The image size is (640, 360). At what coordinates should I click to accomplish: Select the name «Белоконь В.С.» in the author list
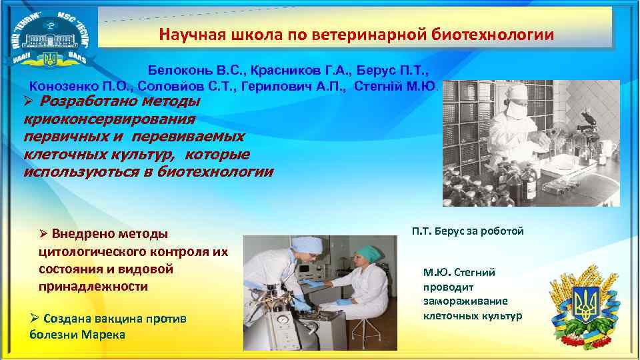click(187, 70)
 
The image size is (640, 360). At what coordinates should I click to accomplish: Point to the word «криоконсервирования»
click(109, 119)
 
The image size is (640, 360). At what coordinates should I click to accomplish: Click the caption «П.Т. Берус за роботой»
click(467, 231)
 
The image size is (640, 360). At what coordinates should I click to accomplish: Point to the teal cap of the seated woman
click(365, 251)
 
